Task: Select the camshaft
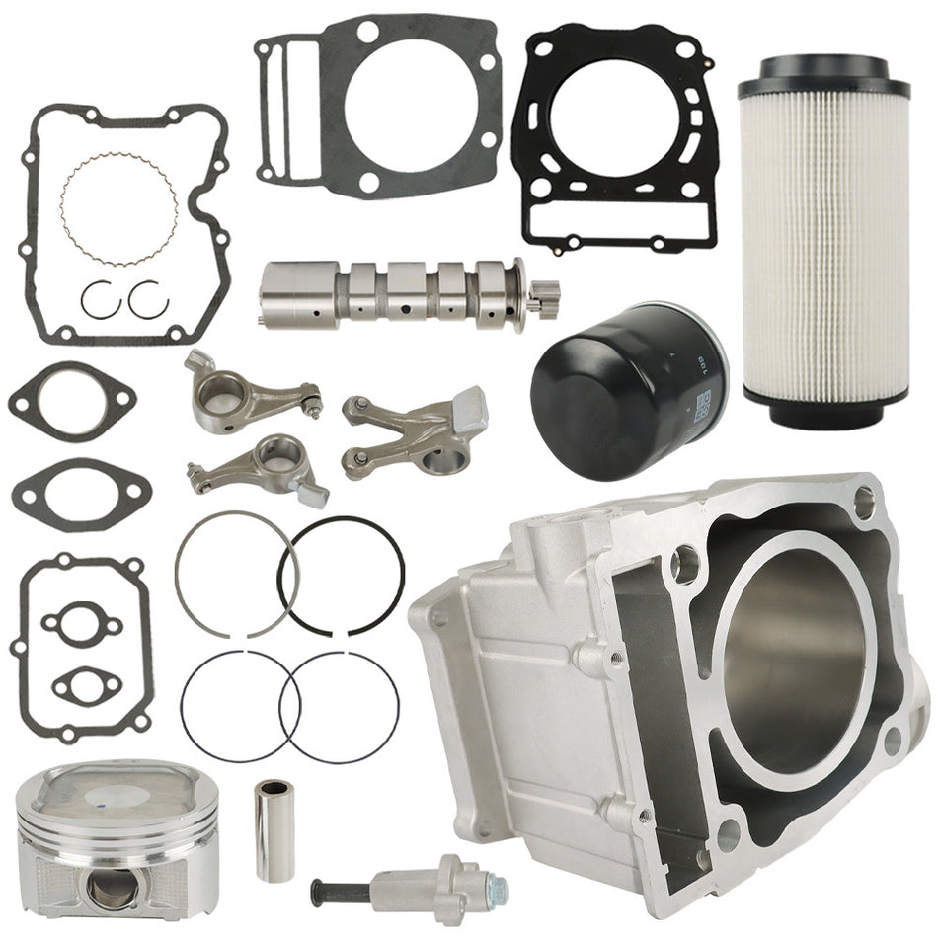coord(395,291)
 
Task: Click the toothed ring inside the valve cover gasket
coord(119,207)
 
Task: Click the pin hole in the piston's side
coord(106,887)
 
